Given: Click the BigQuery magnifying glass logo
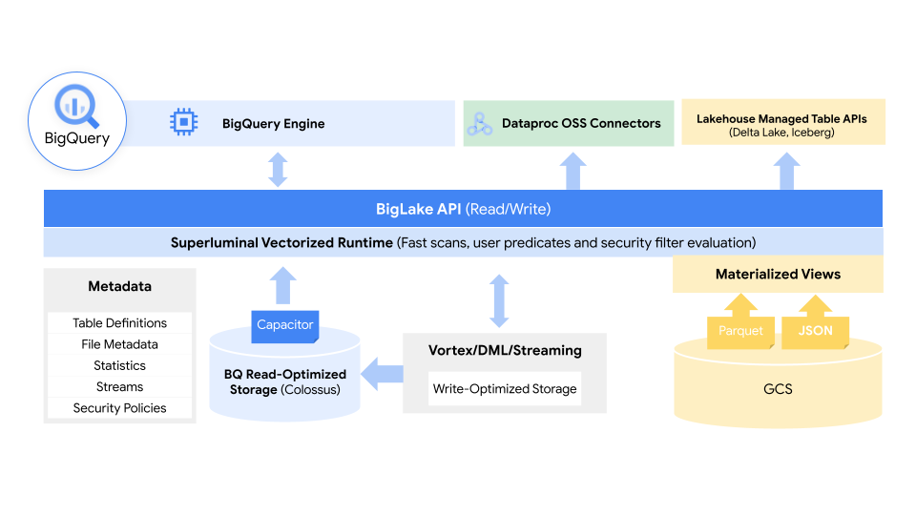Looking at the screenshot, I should (76, 106).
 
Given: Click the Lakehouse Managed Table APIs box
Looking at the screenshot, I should (782, 122).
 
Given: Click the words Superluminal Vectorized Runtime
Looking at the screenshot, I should (281, 242).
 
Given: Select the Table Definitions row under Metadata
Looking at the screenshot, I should (119, 323).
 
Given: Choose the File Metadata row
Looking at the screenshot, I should (119, 344).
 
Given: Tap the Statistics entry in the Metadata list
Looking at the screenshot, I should (119, 365).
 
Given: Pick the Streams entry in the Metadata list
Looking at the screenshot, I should (119, 386).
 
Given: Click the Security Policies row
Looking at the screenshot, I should (119, 408).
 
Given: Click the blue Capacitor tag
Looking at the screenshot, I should (284, 325).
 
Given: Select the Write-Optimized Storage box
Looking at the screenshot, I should (505, 389).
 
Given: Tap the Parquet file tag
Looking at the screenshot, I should (740, 331).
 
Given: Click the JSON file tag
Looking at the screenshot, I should (815, 331).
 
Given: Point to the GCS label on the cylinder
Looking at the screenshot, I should (778, 389).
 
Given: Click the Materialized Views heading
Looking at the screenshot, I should (778, 274).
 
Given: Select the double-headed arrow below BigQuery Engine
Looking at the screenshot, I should (278, 169).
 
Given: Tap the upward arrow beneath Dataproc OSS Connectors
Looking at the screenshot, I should (572, 172).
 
